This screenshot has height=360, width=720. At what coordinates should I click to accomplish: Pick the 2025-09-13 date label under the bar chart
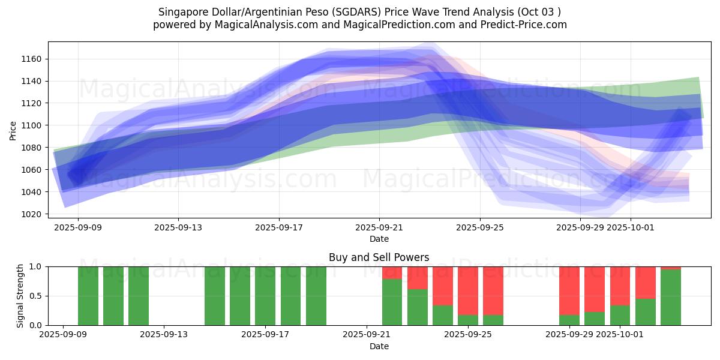point(164,334)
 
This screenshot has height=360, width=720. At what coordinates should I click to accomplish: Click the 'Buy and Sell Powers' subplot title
point(379,257)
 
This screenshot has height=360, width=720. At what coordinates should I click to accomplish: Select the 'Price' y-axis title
point(13,130)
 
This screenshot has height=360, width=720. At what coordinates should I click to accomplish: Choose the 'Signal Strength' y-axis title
point(20,296)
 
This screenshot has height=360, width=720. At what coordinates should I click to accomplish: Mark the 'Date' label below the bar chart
point(379,346)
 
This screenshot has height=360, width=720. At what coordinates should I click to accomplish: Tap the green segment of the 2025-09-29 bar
point(569,320)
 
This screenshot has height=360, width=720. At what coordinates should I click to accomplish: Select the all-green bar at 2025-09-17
point(265,296)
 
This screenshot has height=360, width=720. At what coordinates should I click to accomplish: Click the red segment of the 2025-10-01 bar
point(620,286)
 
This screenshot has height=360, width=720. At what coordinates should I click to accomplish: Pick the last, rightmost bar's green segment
point(671,298)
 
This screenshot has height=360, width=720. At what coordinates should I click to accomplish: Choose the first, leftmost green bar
point(88,296)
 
